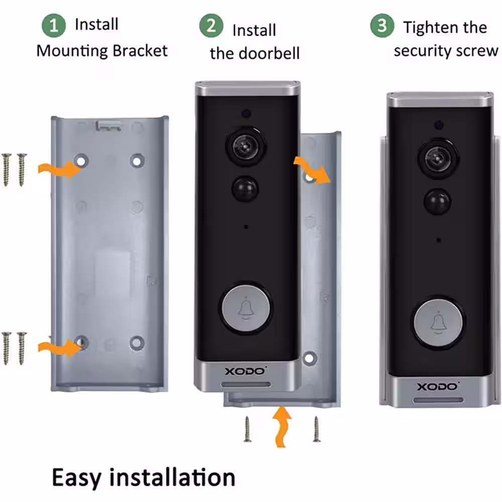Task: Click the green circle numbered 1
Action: tap(54, 25)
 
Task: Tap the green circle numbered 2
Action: tap(211, 25)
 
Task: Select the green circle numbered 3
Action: tap(382, 25)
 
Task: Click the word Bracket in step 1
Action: tap(140, 51)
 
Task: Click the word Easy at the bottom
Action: tap(76, 478)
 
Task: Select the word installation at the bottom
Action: tap(172, 477)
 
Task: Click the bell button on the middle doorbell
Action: tap(245, 308)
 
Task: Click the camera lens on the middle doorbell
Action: tap(245, 146)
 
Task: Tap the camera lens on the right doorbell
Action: tap(438, 158)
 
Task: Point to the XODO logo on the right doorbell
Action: tap(437, 387)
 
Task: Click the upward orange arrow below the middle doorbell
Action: tap(282, 426)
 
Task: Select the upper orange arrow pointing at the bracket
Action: tap(60, 169)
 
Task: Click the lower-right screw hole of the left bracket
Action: tap(137, 343)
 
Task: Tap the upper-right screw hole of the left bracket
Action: tap(137, 161)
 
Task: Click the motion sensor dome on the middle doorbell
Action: tap(245, 189)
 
